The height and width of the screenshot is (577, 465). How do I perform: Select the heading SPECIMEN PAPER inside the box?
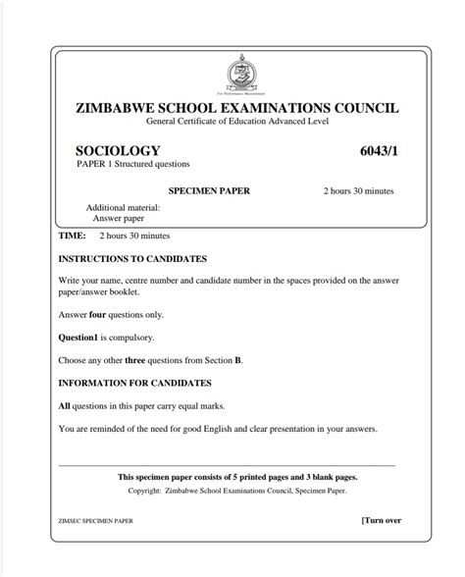pyautogui.click(x=209, y=190)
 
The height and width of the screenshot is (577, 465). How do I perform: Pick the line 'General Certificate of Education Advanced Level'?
pyautogui.click(x=238, y=121)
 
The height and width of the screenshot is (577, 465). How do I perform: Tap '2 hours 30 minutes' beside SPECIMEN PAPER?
pyautogui.click(x=359, y=190)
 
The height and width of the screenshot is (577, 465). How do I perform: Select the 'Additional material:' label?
pyautogui.click(x=123, y=208)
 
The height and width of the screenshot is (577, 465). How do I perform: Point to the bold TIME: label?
pyautogui.click(x=73, y=236)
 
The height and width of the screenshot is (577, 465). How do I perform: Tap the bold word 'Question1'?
pyautogui.click(x=81, y=338)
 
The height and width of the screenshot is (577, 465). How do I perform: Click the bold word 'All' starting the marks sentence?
pyautogui.click(x=65, y=405)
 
